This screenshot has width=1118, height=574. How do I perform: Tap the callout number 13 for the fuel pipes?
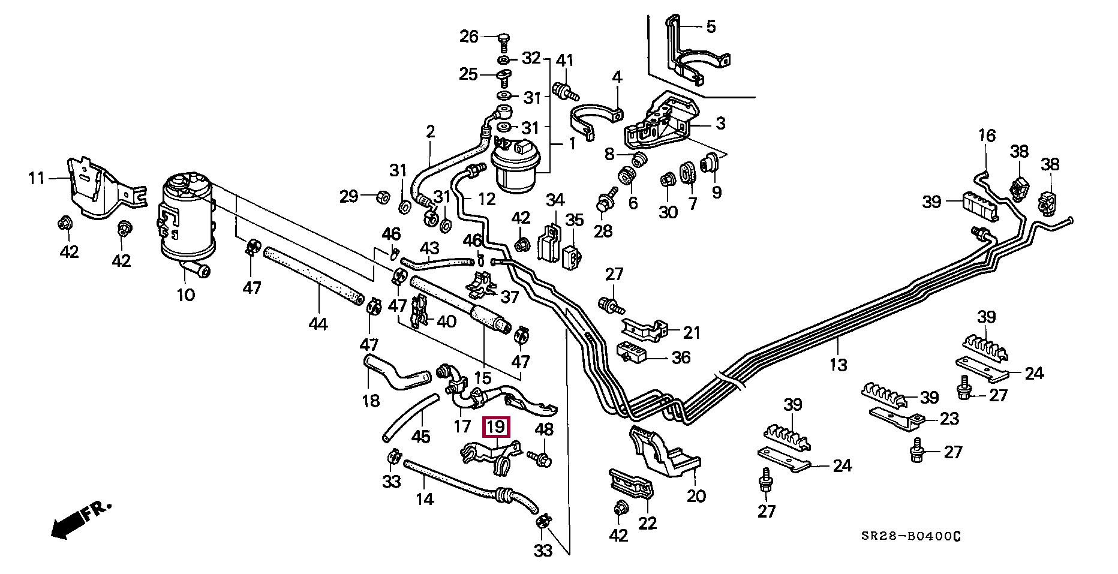(838, 363)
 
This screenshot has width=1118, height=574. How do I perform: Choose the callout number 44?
(318, 324)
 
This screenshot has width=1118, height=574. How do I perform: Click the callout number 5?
(711, 26)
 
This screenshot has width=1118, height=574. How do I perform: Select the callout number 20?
(696, 496)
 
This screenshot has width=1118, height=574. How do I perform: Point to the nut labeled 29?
(381, 196)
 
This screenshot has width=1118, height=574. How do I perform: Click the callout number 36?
(681, 357)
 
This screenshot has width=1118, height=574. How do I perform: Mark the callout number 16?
(987, 136)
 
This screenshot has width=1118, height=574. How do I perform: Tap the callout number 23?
(949, 418)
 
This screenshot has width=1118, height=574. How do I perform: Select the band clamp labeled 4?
(594, 120)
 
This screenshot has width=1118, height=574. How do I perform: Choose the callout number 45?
(420, 436)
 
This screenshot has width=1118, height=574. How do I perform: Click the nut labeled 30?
(666, 179)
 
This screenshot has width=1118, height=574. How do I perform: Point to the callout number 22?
(647, 523)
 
